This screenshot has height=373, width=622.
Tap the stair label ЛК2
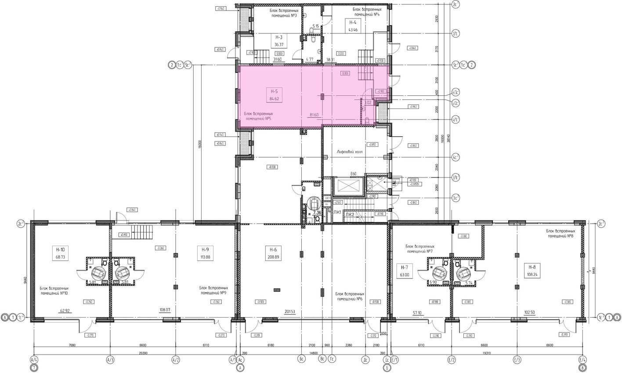click(350, 214)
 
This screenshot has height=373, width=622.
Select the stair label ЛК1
click(337, 212)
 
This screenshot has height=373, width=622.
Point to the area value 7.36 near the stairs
click(317, 213)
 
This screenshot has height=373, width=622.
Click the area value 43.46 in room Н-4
click(353, 30)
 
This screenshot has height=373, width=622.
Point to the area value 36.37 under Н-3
click(277, 44)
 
